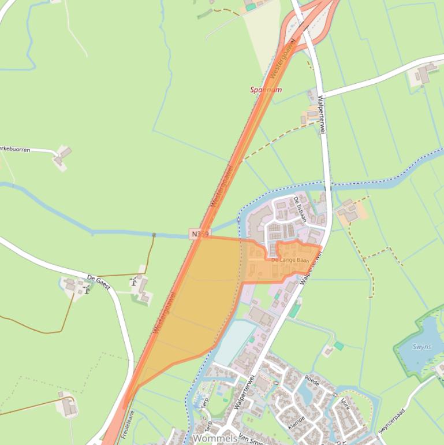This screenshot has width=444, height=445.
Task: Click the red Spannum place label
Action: click(266, 90)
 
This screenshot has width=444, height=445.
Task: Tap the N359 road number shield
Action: click(199, 233)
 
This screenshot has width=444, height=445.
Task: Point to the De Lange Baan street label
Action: click(290, 261)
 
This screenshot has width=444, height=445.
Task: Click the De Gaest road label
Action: click(98, 282)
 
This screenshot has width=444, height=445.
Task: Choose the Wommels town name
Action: click(214, 439)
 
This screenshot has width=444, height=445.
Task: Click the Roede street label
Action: click(312, 381)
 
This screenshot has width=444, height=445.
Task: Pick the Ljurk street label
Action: click(345, 403)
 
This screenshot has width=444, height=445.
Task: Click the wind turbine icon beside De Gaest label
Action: click(87, 290)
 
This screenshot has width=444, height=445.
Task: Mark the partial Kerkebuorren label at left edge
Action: click(14, 149)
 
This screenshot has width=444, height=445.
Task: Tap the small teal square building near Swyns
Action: click(338, 346)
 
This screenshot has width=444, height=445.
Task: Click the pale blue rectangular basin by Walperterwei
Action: click(234, 343)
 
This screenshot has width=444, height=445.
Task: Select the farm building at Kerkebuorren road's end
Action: click(62, 155)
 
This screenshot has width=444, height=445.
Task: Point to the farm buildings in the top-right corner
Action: click(425, 73)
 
